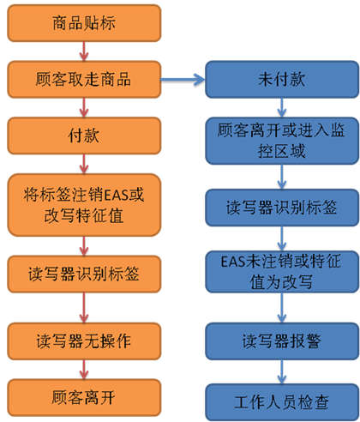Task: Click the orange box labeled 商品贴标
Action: click(x=84, y=23)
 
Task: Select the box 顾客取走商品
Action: click(x=84, y=79)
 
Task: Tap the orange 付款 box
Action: click(x=84, y=136)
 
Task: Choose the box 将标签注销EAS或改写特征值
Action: click(x=84, y=205)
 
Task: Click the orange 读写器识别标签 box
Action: click(x=84, y=274)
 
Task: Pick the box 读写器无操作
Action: click(x=84, y=341)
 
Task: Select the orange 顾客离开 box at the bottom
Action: click(x=84, y=397)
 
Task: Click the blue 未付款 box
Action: click(x=282, y=79)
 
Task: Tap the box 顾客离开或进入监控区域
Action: click(x=282, y=141)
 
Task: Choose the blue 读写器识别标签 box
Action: click(x=282, y=208)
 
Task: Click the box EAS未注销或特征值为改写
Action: click(x=282, y=272)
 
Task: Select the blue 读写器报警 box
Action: click(x=282, y=341)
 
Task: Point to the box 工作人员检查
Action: click(x=282, y=402)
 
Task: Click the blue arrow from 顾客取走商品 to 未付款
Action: click(x=183, y=79)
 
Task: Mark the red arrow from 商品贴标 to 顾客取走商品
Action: click(x=84, y=51)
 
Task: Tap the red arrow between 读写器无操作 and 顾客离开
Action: click(x=84, y=370)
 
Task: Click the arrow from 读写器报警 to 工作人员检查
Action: click(x=282, y=371)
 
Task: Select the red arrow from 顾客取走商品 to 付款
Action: click(x=84, y=107)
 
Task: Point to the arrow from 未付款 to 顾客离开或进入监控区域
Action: click(x=282, y=107)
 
